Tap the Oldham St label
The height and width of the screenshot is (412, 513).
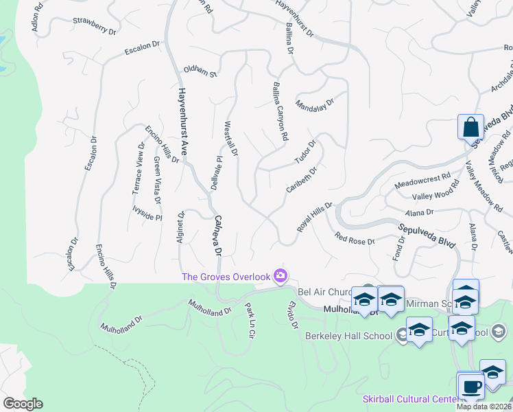click(200, 71)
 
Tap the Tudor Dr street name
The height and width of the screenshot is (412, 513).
click(305, 152)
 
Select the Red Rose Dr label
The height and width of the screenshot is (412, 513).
click(355, 240)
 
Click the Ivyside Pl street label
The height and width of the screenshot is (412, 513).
click(147, 212)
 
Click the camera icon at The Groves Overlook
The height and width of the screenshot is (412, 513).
click(280, 276)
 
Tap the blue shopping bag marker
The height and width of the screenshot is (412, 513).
click(470, 128)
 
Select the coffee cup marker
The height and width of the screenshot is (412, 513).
click(470, 386)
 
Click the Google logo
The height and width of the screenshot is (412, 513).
click(23, 404)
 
